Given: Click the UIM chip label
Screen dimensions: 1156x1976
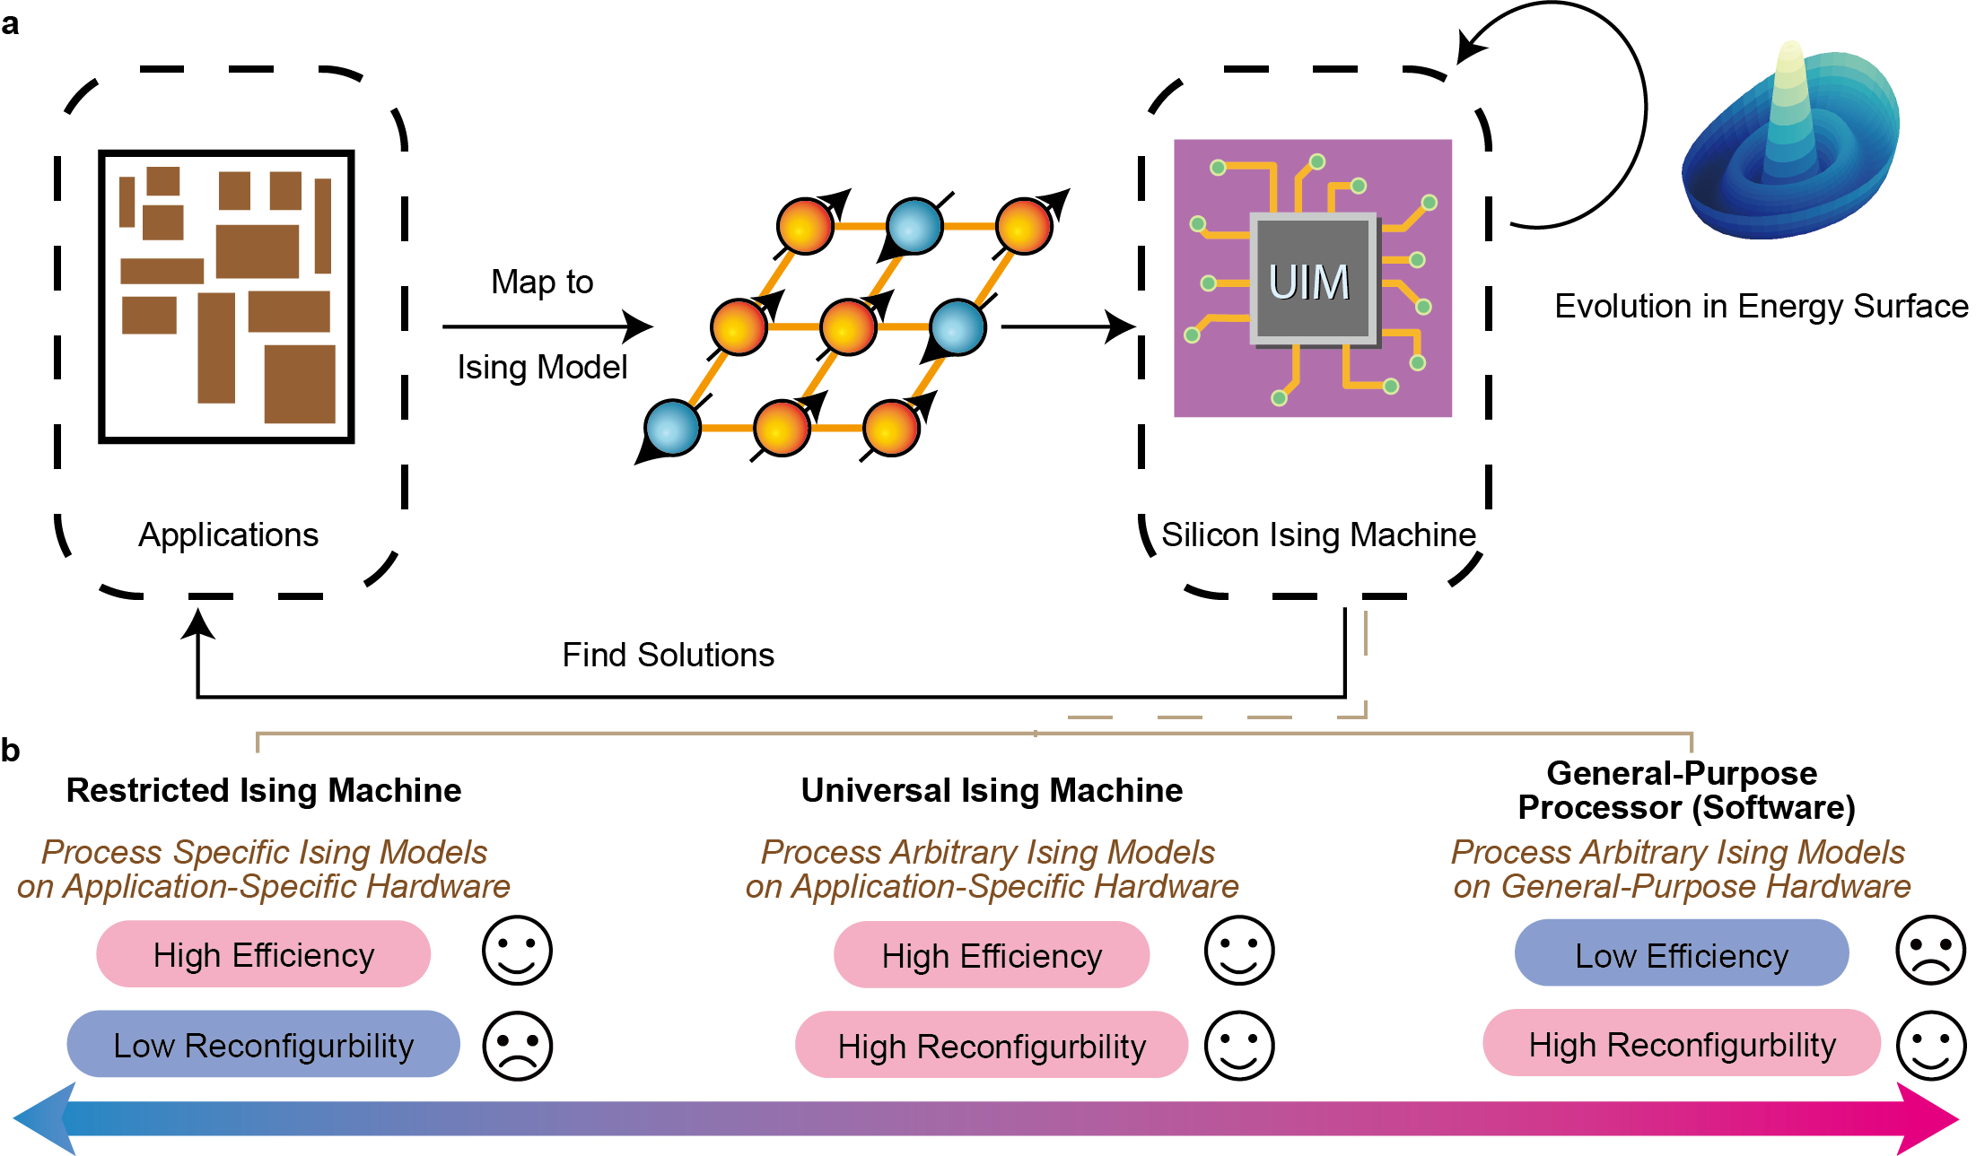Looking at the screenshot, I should [x=1308, y=282].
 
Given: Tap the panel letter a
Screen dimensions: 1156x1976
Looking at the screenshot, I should [x=10, y=24].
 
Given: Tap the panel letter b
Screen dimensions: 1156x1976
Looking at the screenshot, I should [x=10, y=750].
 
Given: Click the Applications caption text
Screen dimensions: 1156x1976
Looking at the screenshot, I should [x=228, y=535].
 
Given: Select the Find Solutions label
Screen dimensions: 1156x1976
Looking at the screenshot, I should [x=668, y=655].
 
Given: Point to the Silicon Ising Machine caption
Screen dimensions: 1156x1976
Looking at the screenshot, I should [x=1317, y=535].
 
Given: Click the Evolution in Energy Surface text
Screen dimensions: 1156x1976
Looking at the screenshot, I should [x=1761, y=306].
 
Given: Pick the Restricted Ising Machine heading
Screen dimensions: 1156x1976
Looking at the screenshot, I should [x=263, y=790].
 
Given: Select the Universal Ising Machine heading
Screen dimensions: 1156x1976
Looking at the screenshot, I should [x=991, y=790].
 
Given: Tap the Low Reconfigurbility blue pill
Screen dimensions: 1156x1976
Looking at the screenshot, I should [x=263, y=1045].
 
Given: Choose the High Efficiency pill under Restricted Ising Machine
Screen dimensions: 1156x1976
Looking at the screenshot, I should [x=263, y=954].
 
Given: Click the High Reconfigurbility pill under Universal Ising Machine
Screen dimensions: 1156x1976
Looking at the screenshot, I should [x=991, y=1046].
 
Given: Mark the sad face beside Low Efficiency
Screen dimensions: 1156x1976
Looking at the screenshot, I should [x=1930, y=950].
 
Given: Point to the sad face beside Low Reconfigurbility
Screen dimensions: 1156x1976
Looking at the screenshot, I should [x=517, y=1046].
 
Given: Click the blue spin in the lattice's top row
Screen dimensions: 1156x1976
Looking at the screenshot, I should [x=914, y=226].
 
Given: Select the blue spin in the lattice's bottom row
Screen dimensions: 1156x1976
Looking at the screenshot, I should [x=672, y=428].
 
